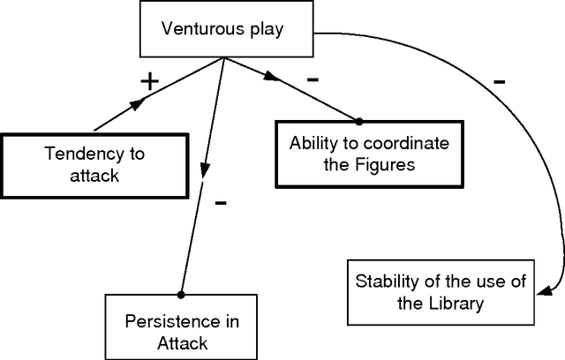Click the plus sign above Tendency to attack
[150, 81]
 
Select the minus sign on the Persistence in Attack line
[221, 203]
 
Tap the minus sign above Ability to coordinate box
[312, 78]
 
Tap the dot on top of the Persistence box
[181, 294]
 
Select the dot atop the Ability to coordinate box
[359, 121]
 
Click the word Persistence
[170, 321]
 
